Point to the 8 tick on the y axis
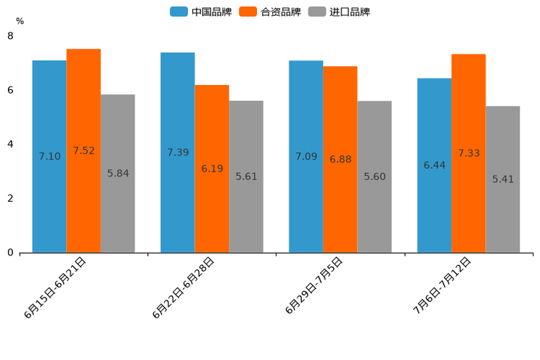tap(10, 36)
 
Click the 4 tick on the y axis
tap(10, 144)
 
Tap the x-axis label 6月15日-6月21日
tap(56, 287)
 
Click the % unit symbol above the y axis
tap(20, 21)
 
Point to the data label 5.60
tap(375, 176)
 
